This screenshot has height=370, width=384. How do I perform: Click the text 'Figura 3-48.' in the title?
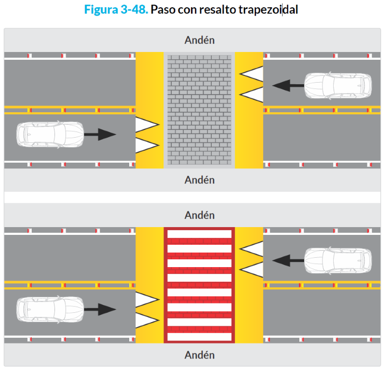[115, 10]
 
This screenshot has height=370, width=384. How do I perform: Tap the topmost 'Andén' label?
[199, 40]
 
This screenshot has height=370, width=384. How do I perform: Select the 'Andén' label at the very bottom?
[199, 355]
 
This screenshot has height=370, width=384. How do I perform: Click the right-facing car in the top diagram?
[50, 134]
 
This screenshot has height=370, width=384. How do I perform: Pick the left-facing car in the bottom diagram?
[338, 259]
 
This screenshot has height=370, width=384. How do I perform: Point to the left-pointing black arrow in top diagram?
[287, 85]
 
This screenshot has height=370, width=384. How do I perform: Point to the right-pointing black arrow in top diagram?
[100, 134]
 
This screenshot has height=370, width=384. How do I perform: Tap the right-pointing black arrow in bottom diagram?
[100, 309]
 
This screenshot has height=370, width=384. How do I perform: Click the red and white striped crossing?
[199, 285]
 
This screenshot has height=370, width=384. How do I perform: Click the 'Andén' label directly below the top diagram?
[199, 180]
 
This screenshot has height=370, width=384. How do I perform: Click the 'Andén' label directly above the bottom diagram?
[199, 215]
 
